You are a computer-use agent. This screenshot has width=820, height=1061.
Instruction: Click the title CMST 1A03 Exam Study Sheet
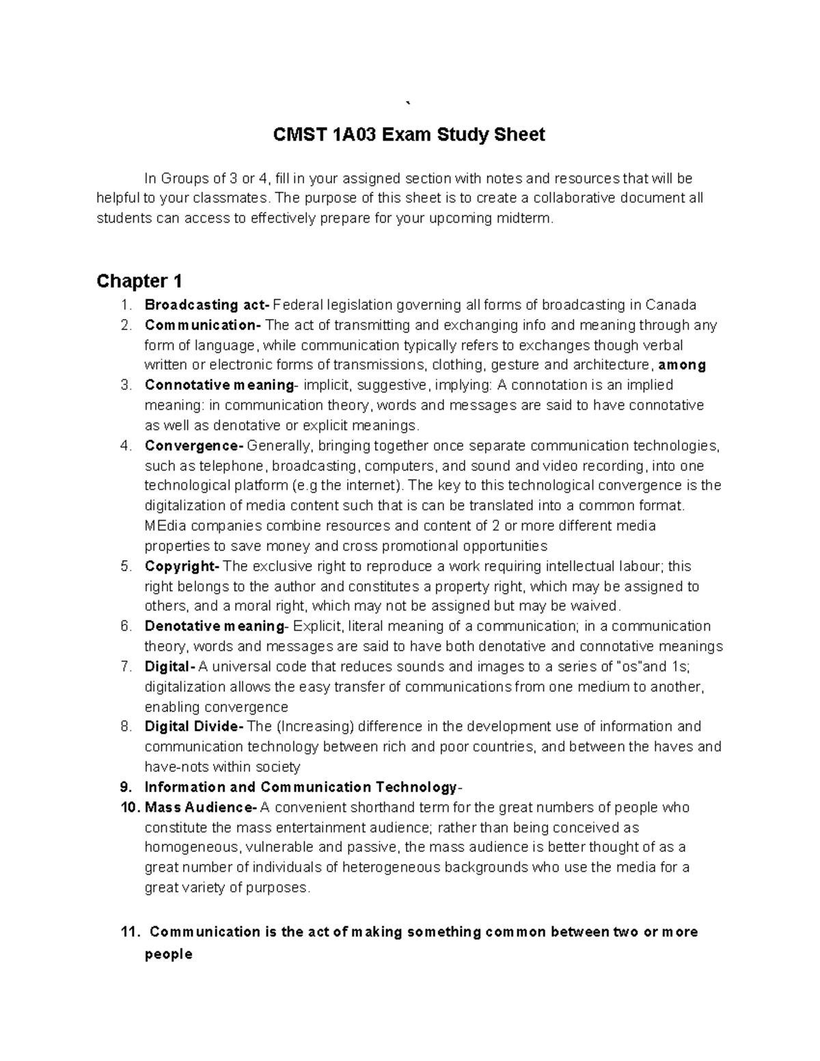click(409, 135)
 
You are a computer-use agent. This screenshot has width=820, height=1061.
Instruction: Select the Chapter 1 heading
click(139, 281)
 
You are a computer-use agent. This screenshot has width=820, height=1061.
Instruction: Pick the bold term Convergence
click(193, 446)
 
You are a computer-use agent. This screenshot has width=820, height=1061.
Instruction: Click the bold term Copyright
click(181, 566)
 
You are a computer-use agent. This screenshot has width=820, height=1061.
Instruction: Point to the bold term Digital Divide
click(193, 726)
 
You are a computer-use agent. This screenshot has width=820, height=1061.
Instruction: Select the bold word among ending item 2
click(681, 365)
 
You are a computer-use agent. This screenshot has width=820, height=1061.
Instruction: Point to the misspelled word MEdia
click(164, 526)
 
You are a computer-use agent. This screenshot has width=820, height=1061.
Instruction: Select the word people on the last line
click(168, 954)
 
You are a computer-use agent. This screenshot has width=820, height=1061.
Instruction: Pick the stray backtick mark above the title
click(409, 103)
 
